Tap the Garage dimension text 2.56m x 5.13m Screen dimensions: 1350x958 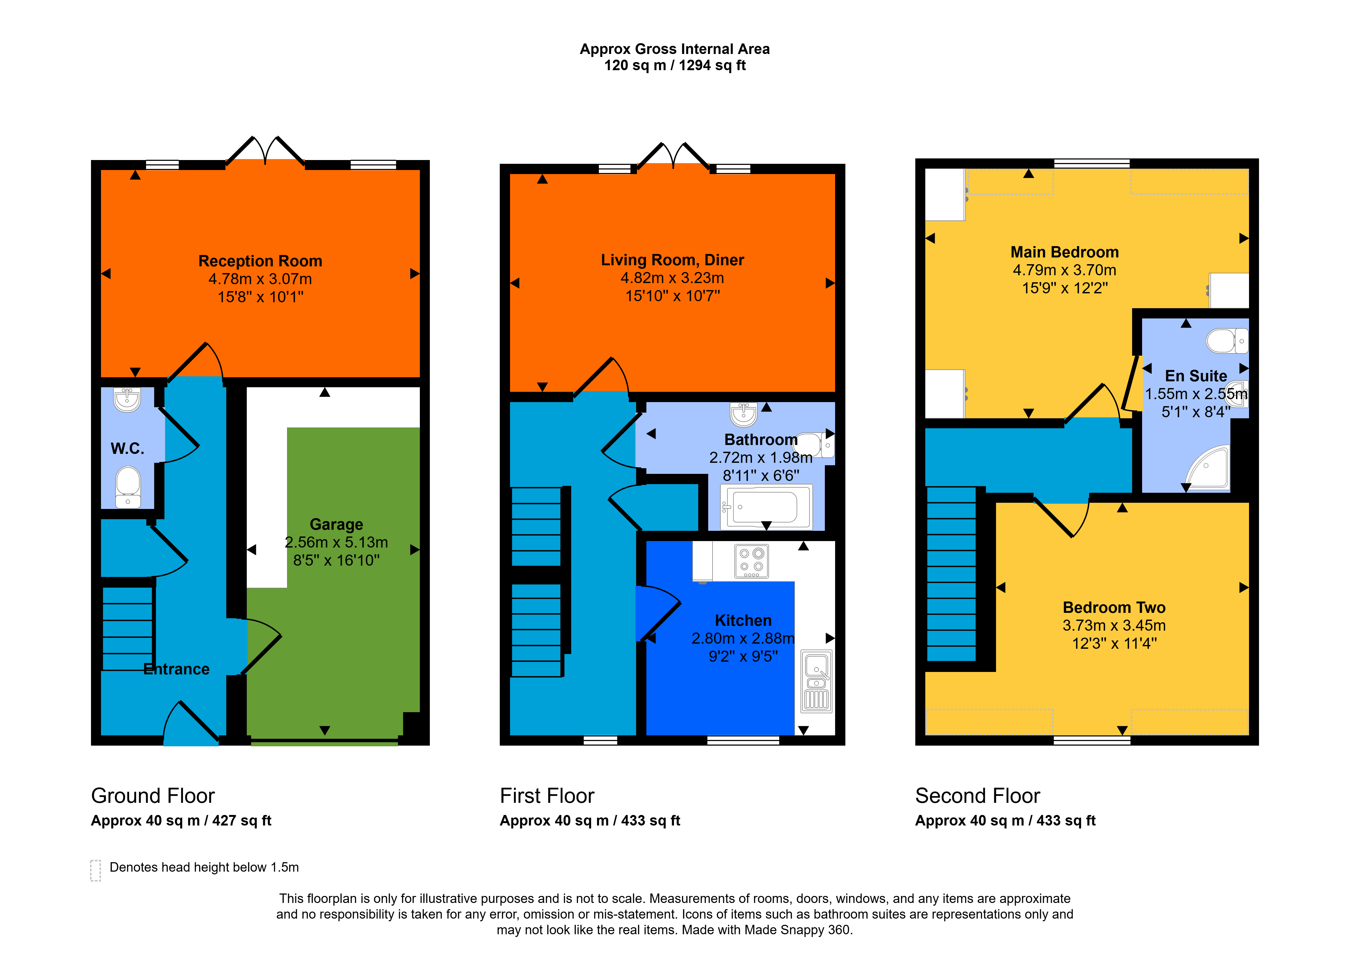(336, 542)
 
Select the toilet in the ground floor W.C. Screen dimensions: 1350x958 (127, 487)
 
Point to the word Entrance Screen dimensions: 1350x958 (176, 669)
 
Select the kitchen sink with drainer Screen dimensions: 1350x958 (816, 681)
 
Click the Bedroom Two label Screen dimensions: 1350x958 (1114, 608)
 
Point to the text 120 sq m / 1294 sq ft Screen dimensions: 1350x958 (675, 66)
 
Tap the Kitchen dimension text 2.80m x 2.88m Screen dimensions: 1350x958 (743, 638)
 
